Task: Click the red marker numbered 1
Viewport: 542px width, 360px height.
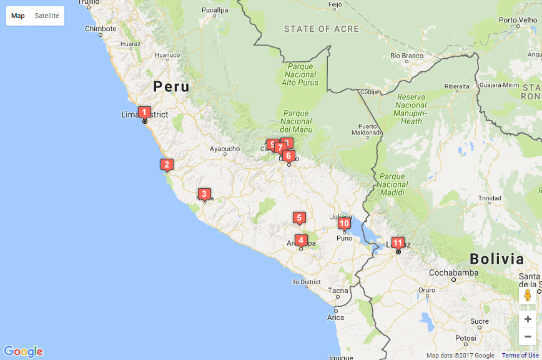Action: (144, 112)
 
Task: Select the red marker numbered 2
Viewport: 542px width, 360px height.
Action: (166, 165)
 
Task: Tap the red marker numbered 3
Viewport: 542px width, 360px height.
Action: (203, 194)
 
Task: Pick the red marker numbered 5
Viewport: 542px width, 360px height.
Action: (299, 217)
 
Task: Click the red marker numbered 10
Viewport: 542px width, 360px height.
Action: (344, 223)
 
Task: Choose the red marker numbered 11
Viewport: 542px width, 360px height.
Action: (398, 242)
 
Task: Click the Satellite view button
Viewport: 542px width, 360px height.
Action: (47, 16)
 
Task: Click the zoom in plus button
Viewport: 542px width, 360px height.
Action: (528, 319)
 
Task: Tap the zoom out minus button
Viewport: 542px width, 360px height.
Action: (528, 336)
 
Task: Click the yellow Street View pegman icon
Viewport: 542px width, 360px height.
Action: (528, 296)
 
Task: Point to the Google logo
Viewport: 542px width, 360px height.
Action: (23, 351)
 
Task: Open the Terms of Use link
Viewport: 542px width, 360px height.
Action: (520, 356)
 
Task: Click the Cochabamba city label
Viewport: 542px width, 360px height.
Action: (453, 272)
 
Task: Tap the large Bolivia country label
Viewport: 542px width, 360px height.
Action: (496, 259)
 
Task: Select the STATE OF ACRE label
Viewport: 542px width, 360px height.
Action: (322, 29)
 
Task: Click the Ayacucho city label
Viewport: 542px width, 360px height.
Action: (224, 149)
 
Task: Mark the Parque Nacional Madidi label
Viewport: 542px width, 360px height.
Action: (393, 184)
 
